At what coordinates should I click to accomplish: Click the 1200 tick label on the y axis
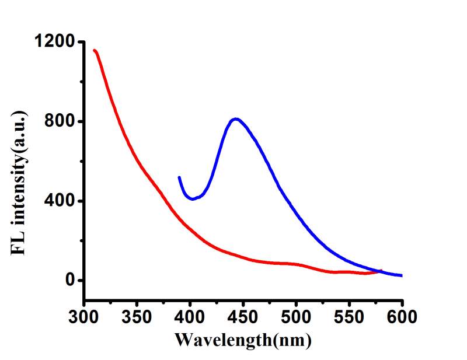point(54,42)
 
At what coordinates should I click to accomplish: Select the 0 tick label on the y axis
point(70,281)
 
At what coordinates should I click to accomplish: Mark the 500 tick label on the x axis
point(296,318)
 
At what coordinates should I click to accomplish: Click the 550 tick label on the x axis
point(349,318)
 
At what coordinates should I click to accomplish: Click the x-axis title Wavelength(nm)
point(243,339)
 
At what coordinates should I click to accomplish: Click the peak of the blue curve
point(236,119)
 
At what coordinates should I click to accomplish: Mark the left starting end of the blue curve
point(179,177)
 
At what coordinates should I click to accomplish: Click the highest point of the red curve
point(95,50)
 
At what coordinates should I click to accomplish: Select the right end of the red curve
point(381,270)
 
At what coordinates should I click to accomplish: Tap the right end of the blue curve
point(402,275)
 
